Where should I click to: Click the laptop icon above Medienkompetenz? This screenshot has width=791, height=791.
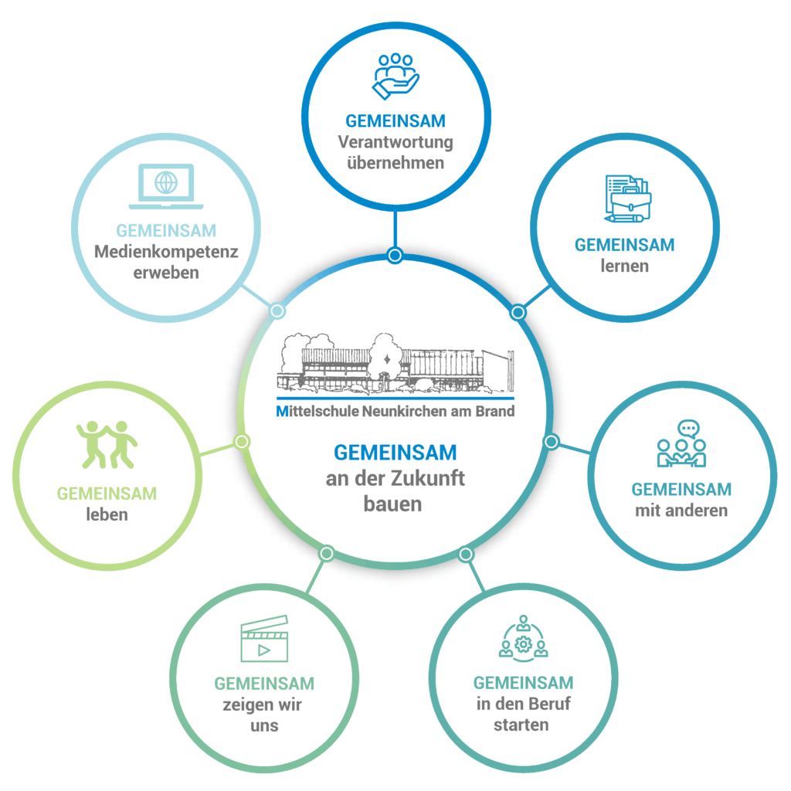[166, 186]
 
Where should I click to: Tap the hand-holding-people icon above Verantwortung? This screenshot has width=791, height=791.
[395, 75]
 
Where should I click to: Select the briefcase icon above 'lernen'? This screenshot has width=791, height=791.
[627, 199]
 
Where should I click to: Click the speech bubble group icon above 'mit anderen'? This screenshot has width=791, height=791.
[682, 445]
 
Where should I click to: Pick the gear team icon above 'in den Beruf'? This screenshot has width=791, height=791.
[523, 639]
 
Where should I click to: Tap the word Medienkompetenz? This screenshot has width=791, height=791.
[166, 252]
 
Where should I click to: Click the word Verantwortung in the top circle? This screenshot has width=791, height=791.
[395, 142]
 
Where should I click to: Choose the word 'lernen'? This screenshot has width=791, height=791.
[624, 266]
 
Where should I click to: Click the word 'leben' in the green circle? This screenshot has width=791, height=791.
[107, 514]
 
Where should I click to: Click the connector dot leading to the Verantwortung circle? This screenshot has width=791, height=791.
[395, 255]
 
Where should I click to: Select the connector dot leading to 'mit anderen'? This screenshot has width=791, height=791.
[551, 441]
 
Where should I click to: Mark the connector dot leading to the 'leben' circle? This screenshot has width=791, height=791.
[242, 441]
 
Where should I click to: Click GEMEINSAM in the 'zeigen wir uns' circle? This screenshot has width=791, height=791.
[264, 684]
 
